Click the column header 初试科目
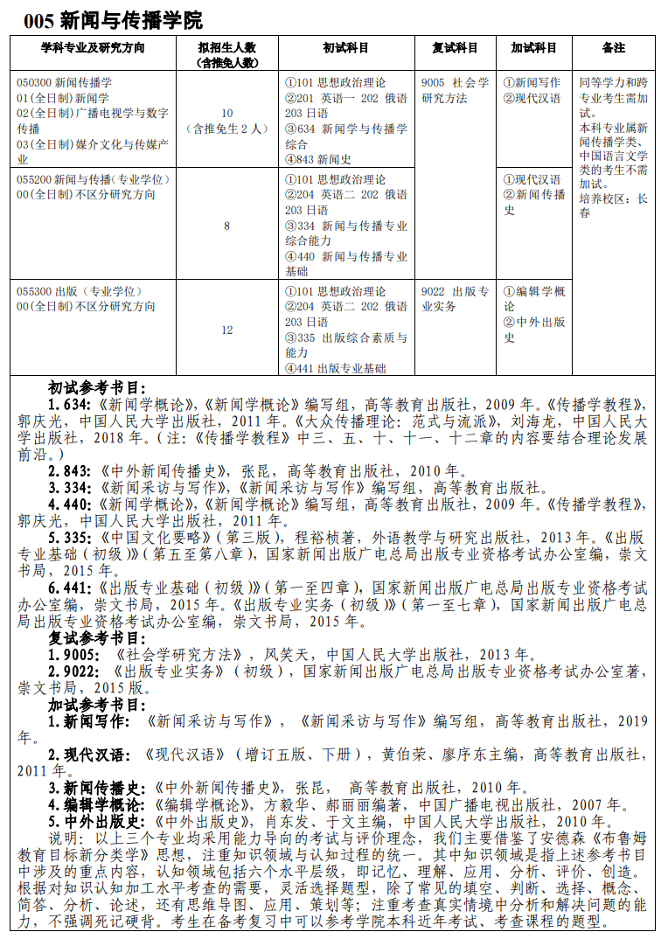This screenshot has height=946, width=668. [345, 47]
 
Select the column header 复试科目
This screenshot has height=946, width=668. [455, 47]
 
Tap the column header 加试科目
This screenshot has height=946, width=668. [534, 47]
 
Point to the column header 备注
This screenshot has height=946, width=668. [614, 47]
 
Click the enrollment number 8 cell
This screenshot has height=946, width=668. [227, 226]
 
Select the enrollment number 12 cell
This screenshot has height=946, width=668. [227, 330]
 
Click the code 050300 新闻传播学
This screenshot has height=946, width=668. [64, 82]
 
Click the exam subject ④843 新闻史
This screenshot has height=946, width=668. [317, 159]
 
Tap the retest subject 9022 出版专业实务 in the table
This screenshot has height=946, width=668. [455, 299]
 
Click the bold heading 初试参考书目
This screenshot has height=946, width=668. [97, 388]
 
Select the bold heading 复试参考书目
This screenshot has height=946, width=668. [97, 637]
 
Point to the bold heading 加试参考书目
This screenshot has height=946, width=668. [97, 704]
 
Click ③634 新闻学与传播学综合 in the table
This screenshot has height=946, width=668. [345, 136]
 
